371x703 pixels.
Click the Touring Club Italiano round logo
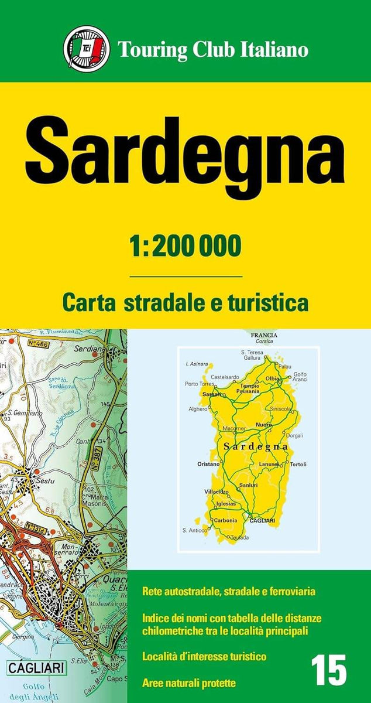click(x=87, y=49)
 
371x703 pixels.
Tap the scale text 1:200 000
click(x=185, y=247)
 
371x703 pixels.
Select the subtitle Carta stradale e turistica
click(x=185, y=303)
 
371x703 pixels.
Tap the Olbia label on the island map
click(x=273, y=378)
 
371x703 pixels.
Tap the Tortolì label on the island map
click(x=298, y=464)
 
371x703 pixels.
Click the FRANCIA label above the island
click(x=263, y=335)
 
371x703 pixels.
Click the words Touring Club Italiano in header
click(x=213, y=50)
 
